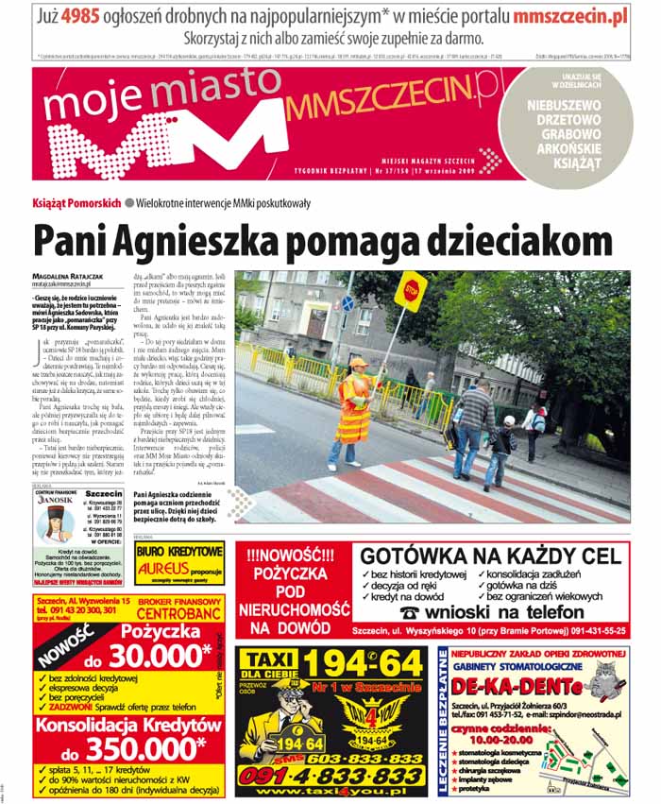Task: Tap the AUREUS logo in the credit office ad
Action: [164, 569]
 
